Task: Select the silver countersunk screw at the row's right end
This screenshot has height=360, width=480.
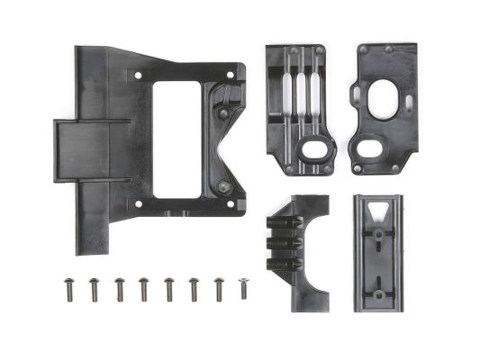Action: [242, 287]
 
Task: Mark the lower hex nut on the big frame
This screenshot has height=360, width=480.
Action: [222, 187]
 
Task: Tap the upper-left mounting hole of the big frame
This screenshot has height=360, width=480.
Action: [138, 76]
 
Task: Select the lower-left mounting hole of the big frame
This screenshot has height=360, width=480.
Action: [138, 204]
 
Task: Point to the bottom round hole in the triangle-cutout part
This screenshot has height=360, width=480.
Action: [379, 293]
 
